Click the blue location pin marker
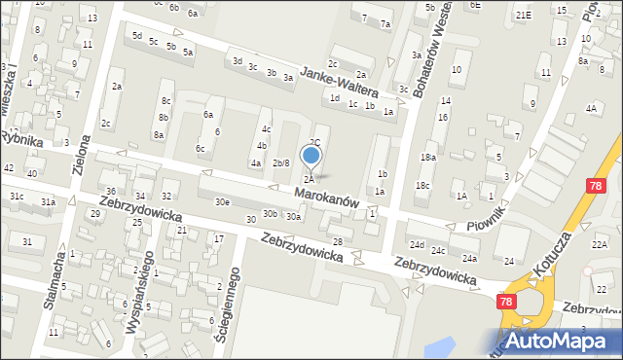pos(311,156)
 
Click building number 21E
pos(524,15)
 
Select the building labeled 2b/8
pos(280,162)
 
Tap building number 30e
pos(222,201)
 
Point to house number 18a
pos(427,157)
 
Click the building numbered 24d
pos(417,244)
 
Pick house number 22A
pos(599,243)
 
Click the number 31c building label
pos(17,197)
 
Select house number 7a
pos(385,23)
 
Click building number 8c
pos(166,100)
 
